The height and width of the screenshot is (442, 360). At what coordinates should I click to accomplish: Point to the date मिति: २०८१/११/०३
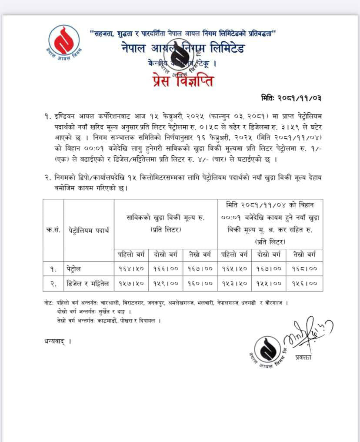pyautogui.click(x=291, y=98)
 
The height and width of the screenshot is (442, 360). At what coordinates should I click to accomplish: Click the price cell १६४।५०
pyautogui.click(x=131, y=269)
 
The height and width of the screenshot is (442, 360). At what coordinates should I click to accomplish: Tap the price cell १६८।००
pyautogui.click(x=304, y=269)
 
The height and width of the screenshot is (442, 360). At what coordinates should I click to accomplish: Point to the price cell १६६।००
pyautogui.click(x=166, y=269)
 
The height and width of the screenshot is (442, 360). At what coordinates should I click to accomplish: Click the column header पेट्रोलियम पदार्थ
pyautogui.click(x=89, y=230)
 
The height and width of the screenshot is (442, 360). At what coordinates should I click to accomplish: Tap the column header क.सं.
pyautogui.click(x=53, y=230)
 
